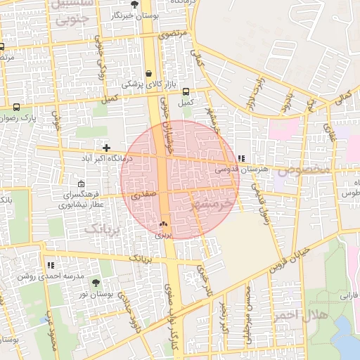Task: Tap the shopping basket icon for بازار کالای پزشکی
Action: point(149,73)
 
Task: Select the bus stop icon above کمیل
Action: point(186,91)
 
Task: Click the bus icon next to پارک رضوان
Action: point(16,108)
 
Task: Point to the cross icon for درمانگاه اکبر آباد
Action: point(106,148)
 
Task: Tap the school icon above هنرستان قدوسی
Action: point(242,159)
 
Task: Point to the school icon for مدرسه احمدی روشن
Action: point(51,265)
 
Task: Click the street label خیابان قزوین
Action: point(290,261)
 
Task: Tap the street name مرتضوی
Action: point(172,34)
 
